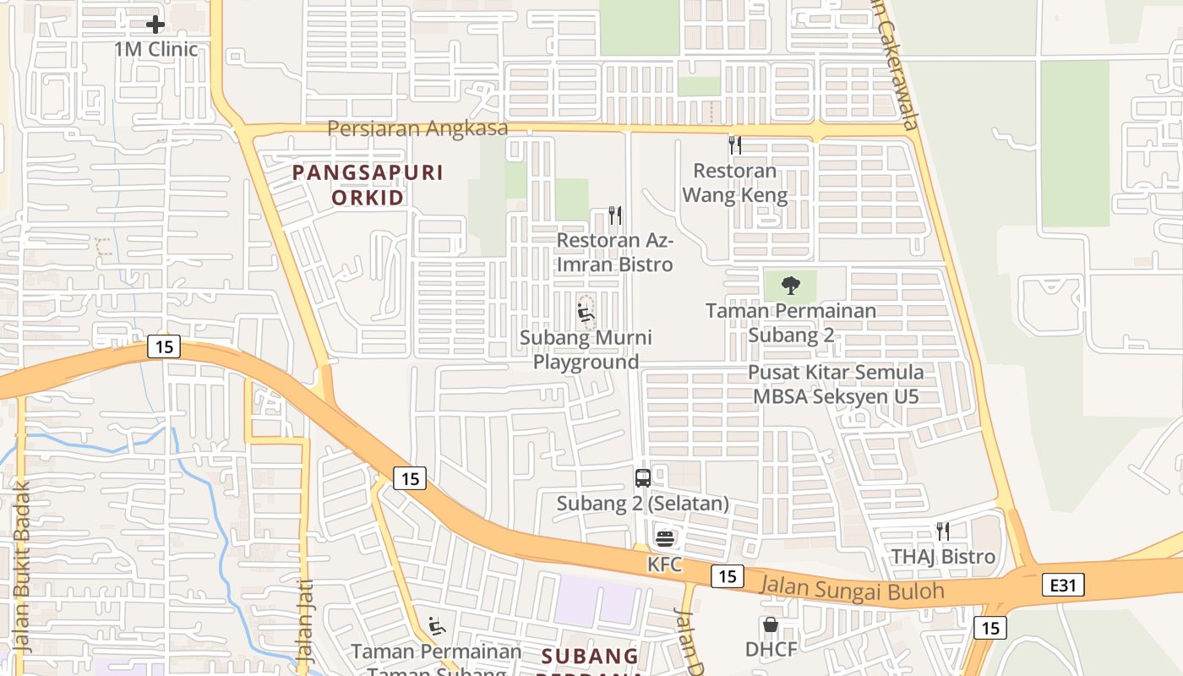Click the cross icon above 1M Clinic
coord(155,25)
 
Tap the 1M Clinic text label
coord(156,49)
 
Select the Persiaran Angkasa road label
coord(417,128)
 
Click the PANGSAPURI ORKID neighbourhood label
coord(368,185)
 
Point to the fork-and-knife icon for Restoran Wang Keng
coord(734,145)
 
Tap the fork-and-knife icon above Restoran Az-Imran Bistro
coord(615,215)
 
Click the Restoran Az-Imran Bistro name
coord(615,252)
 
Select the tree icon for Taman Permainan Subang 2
coord(791,285)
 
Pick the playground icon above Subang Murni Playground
coord(585,313)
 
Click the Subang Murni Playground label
coord(586,350)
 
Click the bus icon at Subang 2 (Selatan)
coord(643,478)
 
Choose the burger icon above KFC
coord(665,538)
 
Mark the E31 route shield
coord(1063,585)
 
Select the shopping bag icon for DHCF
coord(770,625)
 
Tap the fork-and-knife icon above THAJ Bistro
coord(942,532)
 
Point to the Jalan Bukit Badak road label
coord(23,568)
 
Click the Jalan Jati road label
coord(305,620)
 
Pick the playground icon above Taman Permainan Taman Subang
coord(436,626)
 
